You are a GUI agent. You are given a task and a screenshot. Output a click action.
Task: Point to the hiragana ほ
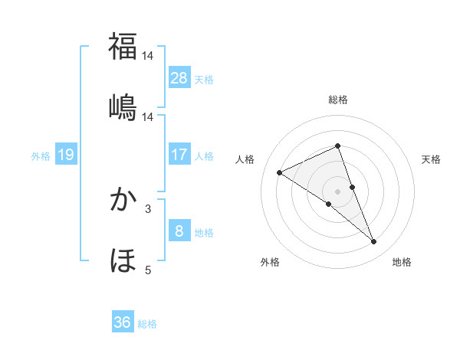pyautogui.click(x=123, y=260)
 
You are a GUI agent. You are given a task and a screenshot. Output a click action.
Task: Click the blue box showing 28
pyautogui.click(x=179, y=77)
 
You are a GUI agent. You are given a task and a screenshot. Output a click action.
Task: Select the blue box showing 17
pyautogui.click(x=179, y=155)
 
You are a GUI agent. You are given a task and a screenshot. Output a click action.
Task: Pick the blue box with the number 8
pyautogui.click(x=179, y=231)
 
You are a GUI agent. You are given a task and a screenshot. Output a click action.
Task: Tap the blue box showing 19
pyautogui.click(x=66, y=155)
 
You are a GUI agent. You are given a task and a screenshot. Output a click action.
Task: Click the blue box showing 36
pyautogui.click(x=123, y=322)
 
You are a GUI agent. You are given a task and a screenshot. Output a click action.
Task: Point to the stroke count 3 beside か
pyautogui.click(x=148, y=208)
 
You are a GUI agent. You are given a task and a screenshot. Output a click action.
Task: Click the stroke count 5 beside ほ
pyautogui.click(x=148, y=270)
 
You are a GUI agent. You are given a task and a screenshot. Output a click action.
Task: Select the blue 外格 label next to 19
pyautogui.click(x=41, y=155)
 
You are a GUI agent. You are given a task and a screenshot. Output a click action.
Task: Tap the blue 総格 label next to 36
pyautogui.click(x=147, y=323)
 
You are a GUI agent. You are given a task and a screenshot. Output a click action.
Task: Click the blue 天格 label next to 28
pyautogui.click(x=204, y=78)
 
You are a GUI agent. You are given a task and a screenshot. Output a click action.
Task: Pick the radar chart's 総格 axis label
pyautogui.click(x=337, y=100)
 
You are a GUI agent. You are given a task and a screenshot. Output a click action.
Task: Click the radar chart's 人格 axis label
pyautogui.click(x=245, y=159)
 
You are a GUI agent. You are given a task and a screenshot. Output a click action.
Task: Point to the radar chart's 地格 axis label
pyautogui.click(x=402, y=262)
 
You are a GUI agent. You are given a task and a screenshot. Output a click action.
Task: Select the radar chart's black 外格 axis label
pyautogui.click(x=270, y=262)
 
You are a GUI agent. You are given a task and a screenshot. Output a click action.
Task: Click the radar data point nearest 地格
pyautogui.click(x=374, y=242)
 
